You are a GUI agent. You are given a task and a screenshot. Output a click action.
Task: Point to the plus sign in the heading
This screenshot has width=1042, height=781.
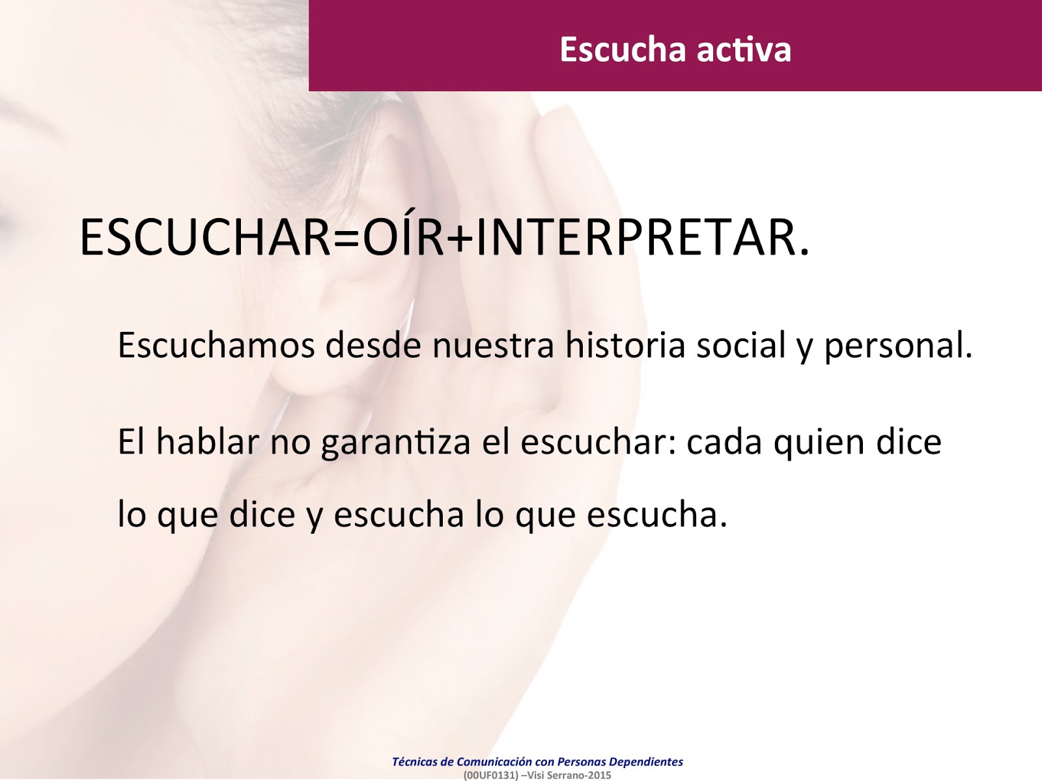coord(460,238)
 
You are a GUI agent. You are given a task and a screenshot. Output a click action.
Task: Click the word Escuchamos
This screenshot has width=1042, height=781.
coord(216,345)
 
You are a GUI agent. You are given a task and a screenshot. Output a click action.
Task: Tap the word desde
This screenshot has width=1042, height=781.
coord(374,345)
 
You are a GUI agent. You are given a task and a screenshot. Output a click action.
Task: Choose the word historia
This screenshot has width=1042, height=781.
coord(625,345)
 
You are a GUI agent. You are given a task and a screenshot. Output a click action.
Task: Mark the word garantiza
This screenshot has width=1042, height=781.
coord(396,443)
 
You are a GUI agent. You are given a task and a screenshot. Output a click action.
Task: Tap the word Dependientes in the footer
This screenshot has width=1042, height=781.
coord(646,761)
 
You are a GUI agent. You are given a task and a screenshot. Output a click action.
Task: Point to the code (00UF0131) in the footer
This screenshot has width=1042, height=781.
coord(490,775)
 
